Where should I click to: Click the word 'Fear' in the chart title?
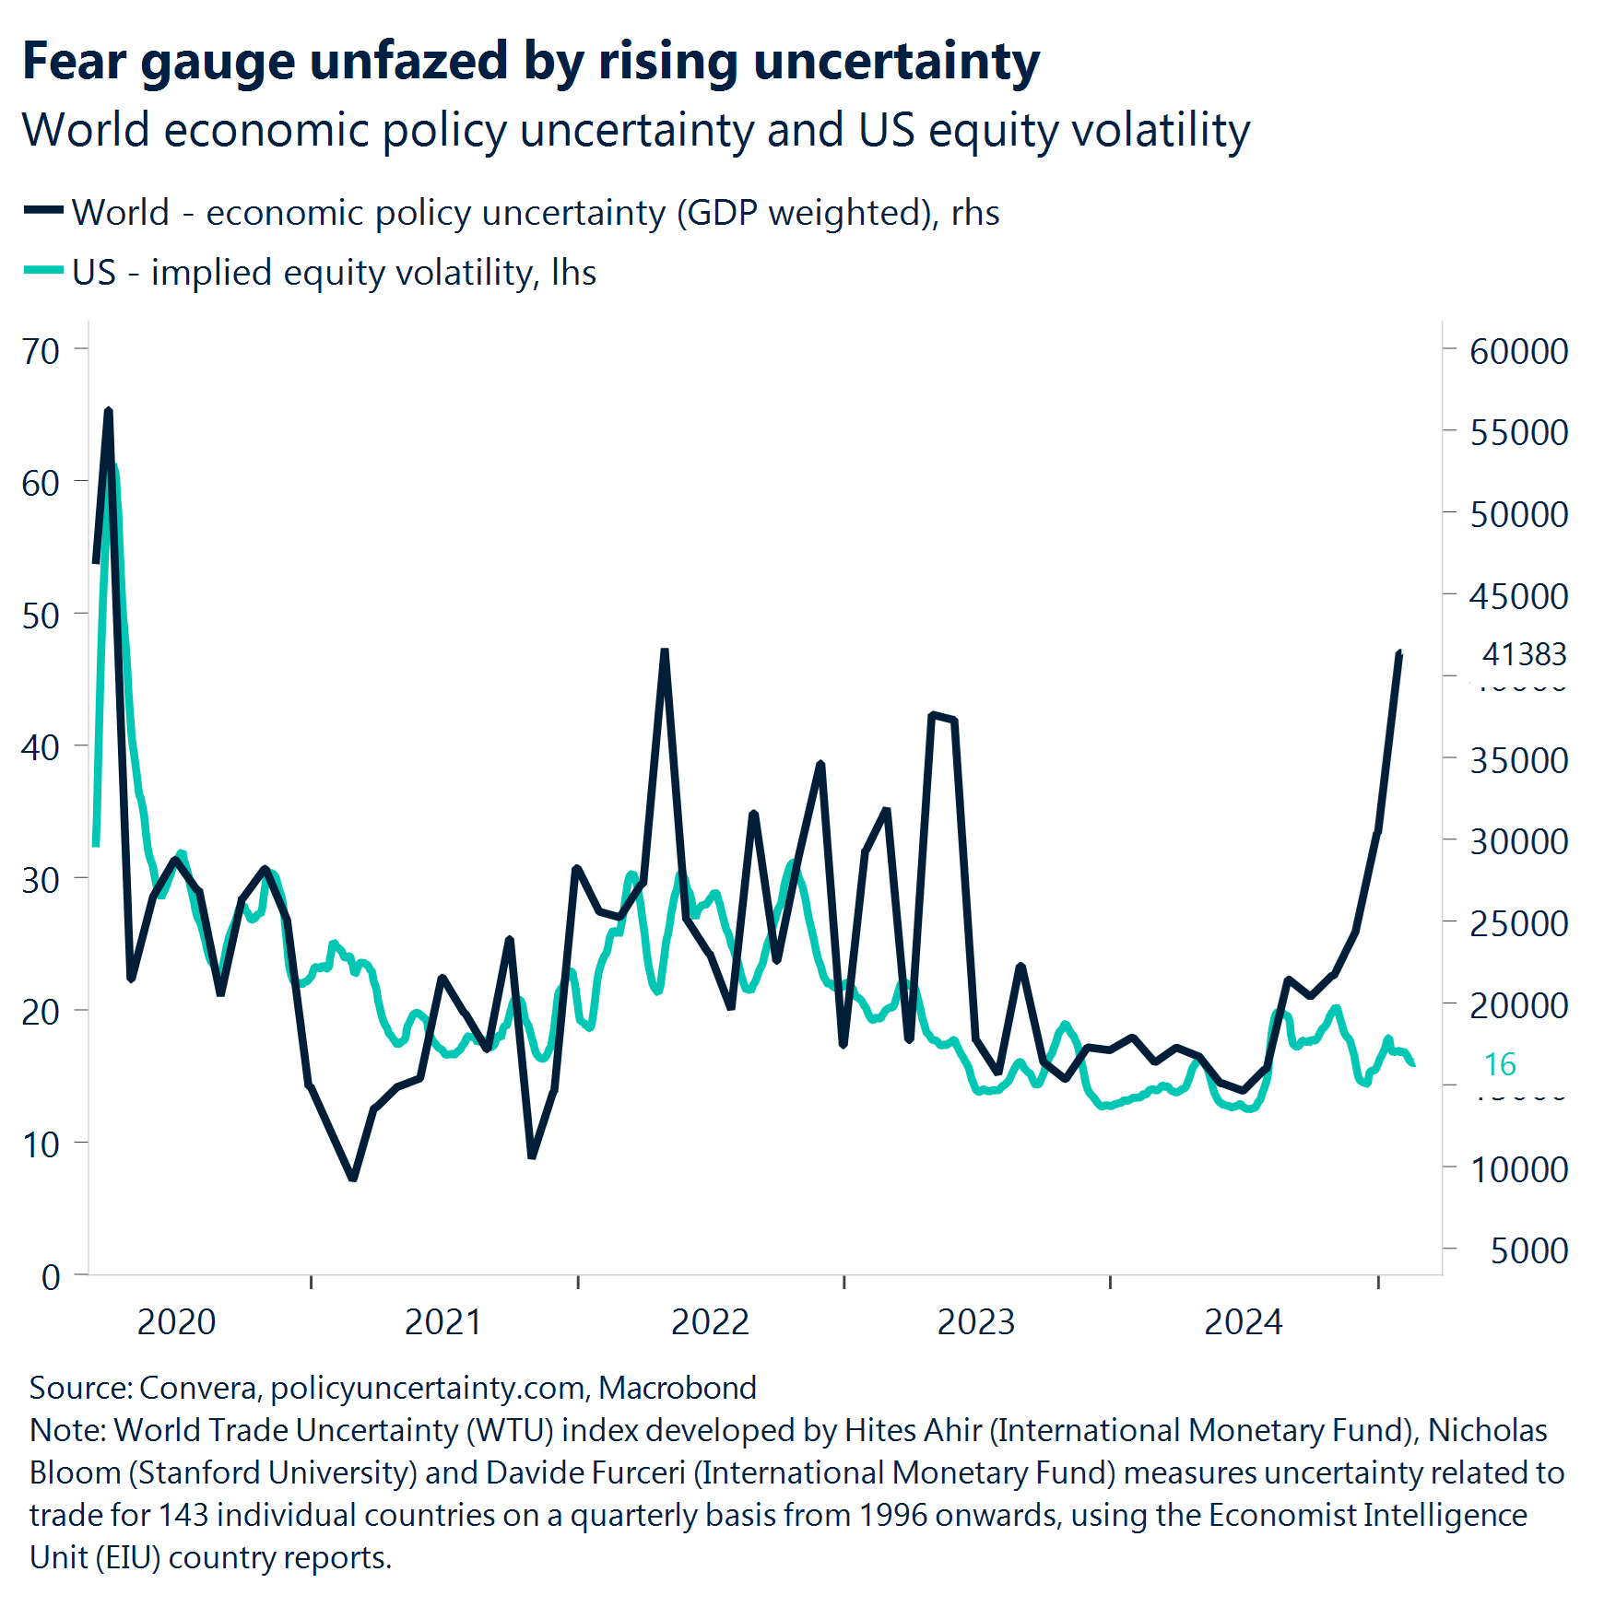pyautogui.click(x=74, y=61)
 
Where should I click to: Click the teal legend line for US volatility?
pyautogui.click(x=43, y=271)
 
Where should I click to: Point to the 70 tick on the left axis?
pyautogui.click(x=41, y=351)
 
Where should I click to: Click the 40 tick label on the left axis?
pyautogui.click(x=41, y=747)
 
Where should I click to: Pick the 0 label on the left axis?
pyautogui.click(x=51, y=1277)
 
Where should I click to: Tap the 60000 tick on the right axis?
pyautogui.click(x=1518, y=351)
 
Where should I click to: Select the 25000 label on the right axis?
pyautogui.click(x=1518, y=923)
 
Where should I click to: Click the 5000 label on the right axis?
pyautogui.click(x=1528, y=1250)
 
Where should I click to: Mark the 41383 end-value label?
pyautogui.click(x=1524, y=654)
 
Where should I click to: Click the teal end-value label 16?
pyautogui.click(x=1500, y=1064)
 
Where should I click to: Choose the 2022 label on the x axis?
pyautogui.click(x=710, y=1322)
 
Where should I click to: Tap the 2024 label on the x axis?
pyautogui.click(x=1243, y=1322)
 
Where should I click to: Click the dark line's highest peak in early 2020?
pyautogui.click(x=109, y=411)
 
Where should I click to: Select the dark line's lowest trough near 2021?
pyautogui.click(x=353, y=1177)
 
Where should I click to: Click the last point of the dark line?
pyautogui.click(x=1400, y=653)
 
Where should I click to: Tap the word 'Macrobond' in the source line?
pyautogui.click(x=677, y=1388)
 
